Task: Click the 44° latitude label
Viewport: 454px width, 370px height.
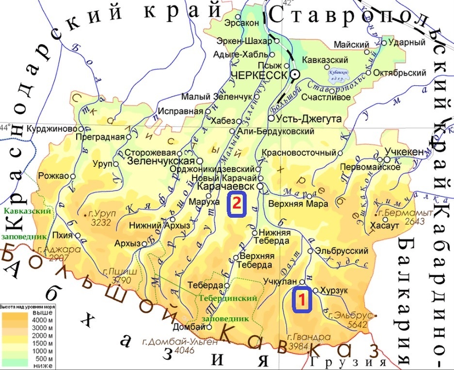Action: coord(6,128)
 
